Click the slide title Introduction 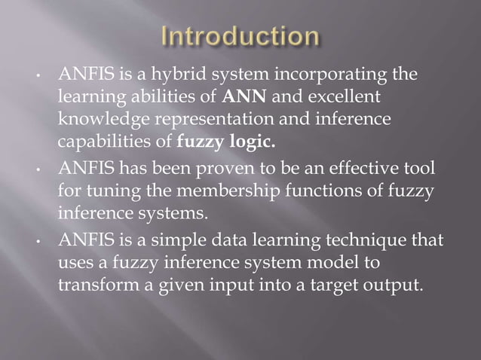tap(240, 37)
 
